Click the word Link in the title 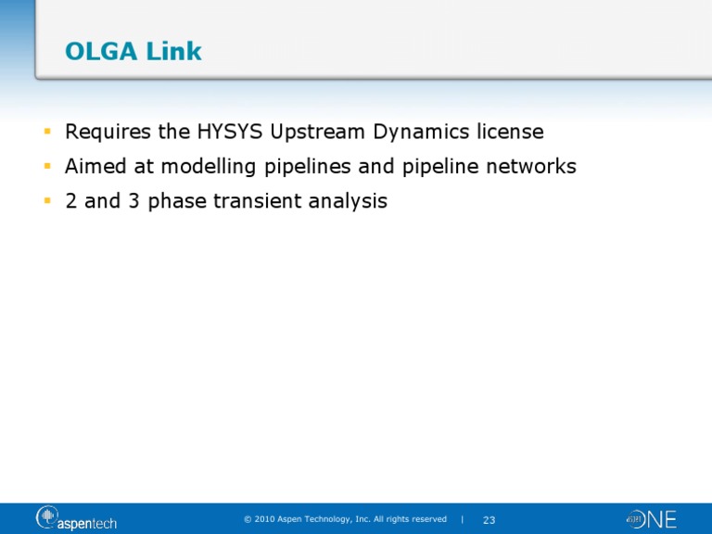tap(173, 52)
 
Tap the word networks tap(528, 167)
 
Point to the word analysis tap(351, 202)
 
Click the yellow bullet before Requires tap(46, 133)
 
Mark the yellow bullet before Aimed tap(46, 167)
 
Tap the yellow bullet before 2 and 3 tap(46, 201)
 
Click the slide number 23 tap(489, 520)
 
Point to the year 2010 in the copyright tap(264, 519)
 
